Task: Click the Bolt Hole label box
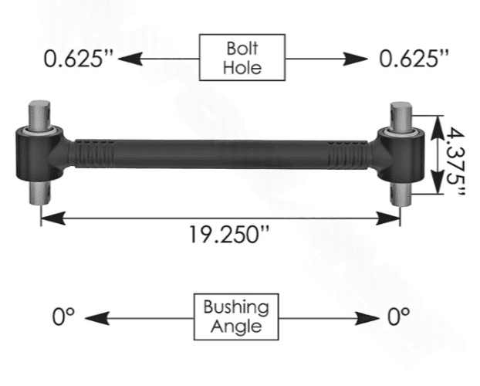(242, 58)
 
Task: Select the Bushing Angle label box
(236, 317)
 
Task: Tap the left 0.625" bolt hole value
(79, 59)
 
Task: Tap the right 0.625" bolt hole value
(414, 59)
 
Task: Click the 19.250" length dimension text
(229, 235)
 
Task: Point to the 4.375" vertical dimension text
(455, 161)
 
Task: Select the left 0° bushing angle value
(63, 317)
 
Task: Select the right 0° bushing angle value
(398, 317)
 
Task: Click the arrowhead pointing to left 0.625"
(130, 59)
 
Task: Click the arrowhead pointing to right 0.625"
(355, 59)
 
